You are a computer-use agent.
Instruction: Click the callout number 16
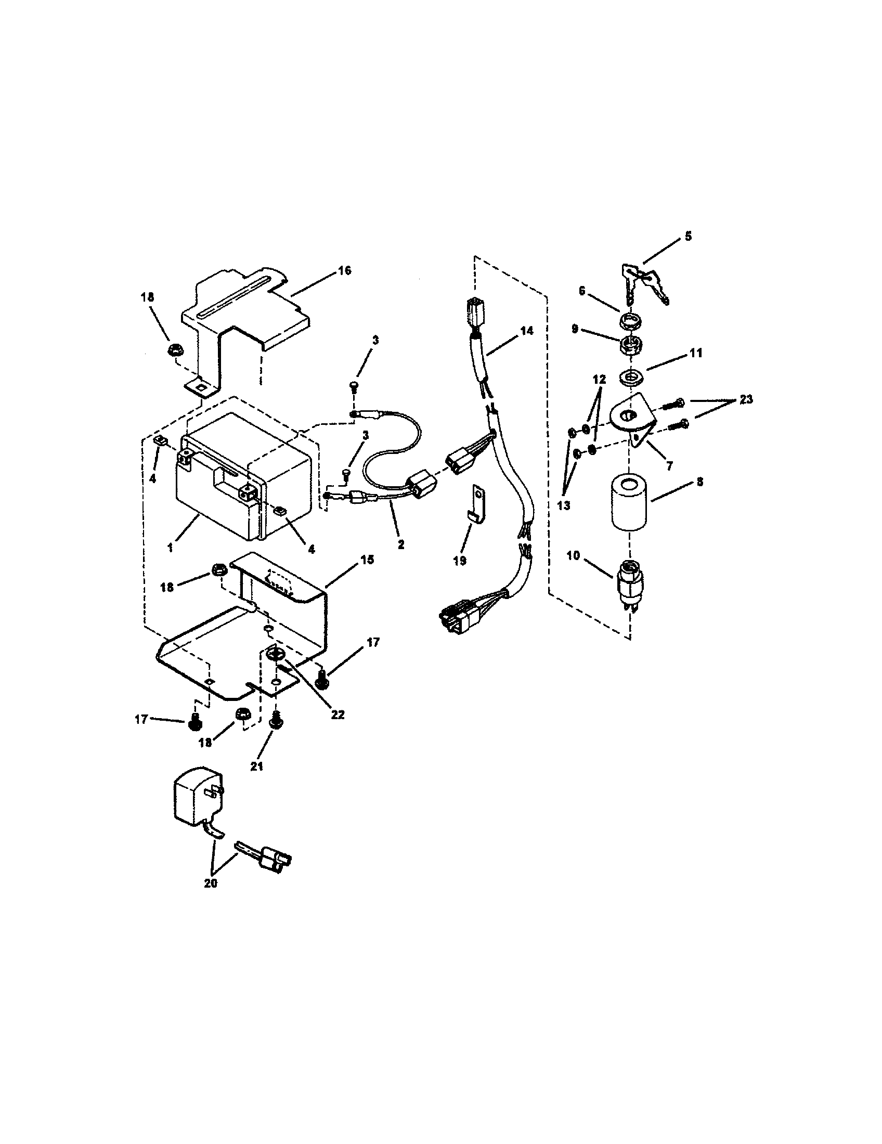(344, 271)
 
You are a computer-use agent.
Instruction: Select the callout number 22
(338, 714)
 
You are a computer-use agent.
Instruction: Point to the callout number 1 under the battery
(170, 548)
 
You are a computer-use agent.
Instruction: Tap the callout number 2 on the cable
(400, 545)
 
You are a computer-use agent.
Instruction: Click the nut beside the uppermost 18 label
(175, 349)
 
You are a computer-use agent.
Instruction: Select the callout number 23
(746, 399)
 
